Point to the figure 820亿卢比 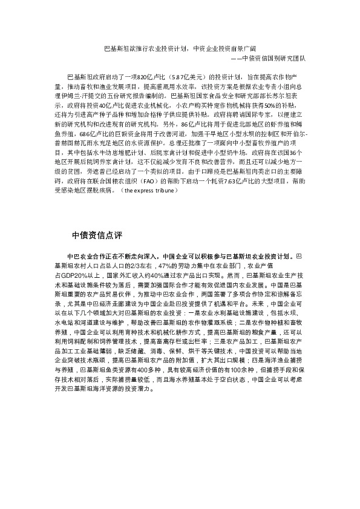pos(148,78)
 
